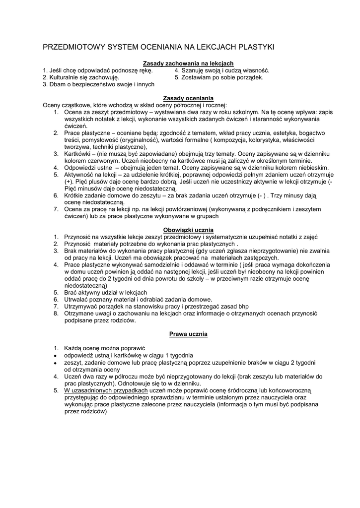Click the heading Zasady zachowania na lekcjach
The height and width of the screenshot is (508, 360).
188,63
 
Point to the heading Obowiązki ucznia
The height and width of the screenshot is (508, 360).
188,230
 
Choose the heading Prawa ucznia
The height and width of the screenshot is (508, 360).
188,334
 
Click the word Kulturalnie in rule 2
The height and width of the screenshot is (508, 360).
65,77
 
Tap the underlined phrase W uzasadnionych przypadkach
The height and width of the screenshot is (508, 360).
106,390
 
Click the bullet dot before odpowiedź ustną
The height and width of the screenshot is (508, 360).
55,356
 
